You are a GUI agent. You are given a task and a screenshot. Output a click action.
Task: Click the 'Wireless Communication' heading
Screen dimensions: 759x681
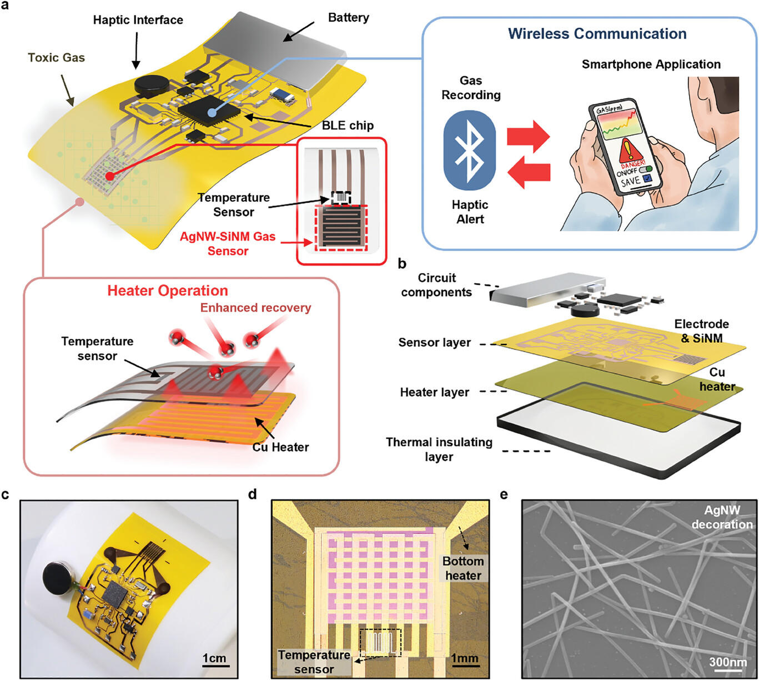tap(597, 34)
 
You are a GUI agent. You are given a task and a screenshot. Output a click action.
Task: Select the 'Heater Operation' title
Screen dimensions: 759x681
tap(168, 291)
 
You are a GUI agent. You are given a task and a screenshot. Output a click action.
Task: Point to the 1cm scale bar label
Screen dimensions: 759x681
tap(214, 658)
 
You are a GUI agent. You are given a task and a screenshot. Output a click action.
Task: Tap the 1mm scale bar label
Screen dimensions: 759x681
tap(465, 659)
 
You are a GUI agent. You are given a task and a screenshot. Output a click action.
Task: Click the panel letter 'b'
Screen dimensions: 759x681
tap(402, 264)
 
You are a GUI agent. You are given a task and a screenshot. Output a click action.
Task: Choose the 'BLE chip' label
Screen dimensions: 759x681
tap(348, 125)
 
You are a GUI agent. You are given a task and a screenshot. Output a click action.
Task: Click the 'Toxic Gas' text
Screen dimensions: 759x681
tap(56, 57)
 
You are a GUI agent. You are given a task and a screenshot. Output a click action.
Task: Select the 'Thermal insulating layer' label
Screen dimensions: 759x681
tap(439, 449)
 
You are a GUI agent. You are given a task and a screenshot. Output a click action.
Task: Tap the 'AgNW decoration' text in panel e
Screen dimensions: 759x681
tap(722, 517)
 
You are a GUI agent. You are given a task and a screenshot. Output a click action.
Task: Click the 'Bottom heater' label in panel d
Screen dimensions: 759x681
tap(463, 568)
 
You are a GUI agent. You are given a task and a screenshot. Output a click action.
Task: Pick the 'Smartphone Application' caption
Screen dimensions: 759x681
tap(651, 64)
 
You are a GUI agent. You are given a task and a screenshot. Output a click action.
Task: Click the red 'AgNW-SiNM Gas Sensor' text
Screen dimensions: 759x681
tap(228, 244)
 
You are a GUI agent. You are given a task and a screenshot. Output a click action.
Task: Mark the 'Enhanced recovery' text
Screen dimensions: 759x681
tap(255, 308)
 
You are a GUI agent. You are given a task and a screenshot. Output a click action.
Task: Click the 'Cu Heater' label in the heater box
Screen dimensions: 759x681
tap(280, 447)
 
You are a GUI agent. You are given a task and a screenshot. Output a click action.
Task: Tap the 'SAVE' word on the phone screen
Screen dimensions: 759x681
tap(631, 183)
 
